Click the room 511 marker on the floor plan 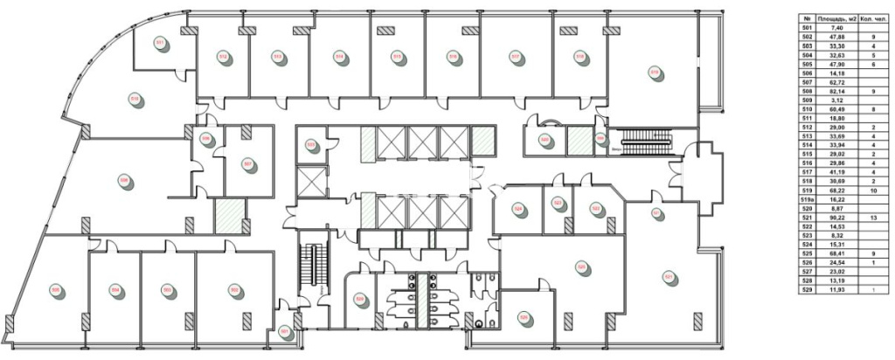pos(160,43)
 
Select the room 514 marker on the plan pos(338,57)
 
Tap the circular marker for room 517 pos(516,58)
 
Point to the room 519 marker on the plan pos(653,72)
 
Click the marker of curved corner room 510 pos(135,99)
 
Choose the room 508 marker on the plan pos(123,181)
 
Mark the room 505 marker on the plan pos(55,289)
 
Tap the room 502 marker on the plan pos(234,289)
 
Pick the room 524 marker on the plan pos(518,209)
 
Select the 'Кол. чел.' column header pos(873,17)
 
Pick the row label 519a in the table pos(807,200)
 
